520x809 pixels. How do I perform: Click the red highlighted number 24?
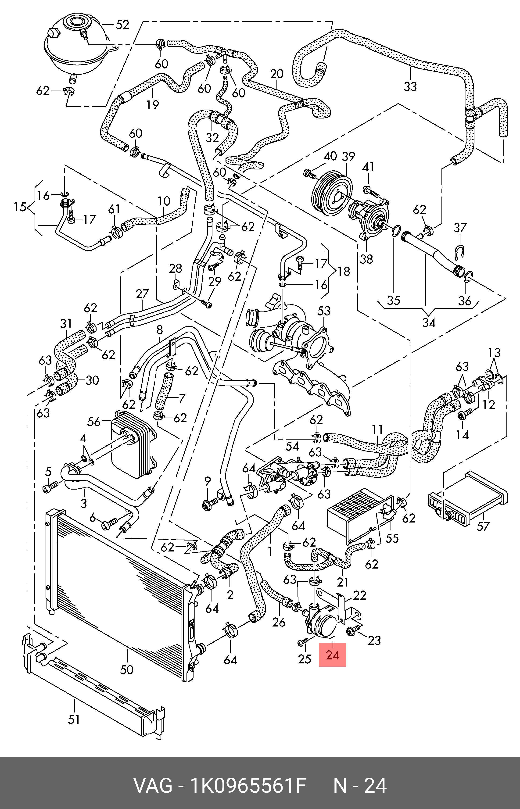[x=332, y=655]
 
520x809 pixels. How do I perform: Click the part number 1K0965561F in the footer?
[x=248, y=786]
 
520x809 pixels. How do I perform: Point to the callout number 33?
[x=410, y=86]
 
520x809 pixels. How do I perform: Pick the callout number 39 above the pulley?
[x=348, y=156]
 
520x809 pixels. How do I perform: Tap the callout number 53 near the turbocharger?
[x=324, y=311]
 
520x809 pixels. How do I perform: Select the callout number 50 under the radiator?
[x=127, y=669]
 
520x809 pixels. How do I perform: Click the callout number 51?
[x=74, y=719]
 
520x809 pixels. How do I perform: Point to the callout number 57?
[x=483, y=526]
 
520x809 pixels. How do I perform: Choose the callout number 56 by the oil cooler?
[x=94, y=422]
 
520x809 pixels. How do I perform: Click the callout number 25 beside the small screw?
[x=305, y=659]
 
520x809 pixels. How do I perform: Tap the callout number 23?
[x=374, y=640]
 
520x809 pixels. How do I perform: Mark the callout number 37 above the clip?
[x=460, y=228]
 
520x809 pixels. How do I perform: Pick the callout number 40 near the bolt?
[x=330, y=156]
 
